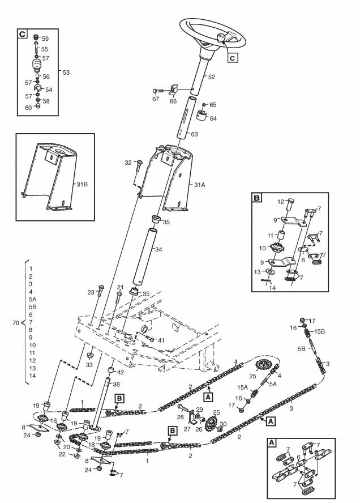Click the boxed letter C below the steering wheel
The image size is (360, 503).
[232, 57]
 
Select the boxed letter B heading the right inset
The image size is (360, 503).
[258, 199]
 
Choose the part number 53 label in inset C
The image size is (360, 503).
[67, 73]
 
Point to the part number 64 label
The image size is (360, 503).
[213, 118]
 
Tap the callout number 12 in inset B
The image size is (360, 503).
[280, 202]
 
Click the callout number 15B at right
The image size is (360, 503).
[319, 330]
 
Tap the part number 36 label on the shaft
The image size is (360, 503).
[117, 385]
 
